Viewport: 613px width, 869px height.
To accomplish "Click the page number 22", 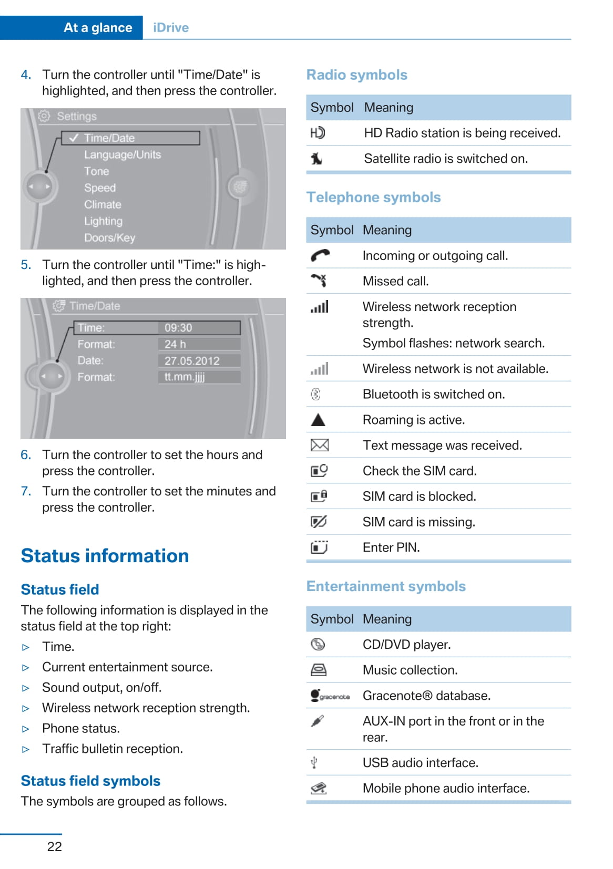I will pyautogui.click(x=55, y=846).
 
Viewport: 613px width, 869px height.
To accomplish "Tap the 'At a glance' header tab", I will pyautogui.click(x=98, y=28).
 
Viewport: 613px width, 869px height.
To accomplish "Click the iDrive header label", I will pyautogui.click(x=171, y=28).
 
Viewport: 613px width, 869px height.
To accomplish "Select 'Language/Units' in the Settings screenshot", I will pyautogui.click(x=122, y=155).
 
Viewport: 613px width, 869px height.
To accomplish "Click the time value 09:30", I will pyautogui.click(x=178, y=328).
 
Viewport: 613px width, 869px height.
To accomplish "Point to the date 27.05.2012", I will pyautogui.click(x=192, y=361).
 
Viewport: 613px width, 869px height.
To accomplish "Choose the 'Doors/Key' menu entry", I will pyautogui.click(x=109, y=238).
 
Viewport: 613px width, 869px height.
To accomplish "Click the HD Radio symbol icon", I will pyautogui.click(x=318, y=133).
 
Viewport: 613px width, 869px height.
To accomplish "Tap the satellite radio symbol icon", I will pyautogui.click(x=316, y=159).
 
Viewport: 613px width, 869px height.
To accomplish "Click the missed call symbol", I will pyautogui.click(x=319, y=281).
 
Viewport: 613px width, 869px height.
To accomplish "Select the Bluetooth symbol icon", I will pyautogui.click(x=315, y=394).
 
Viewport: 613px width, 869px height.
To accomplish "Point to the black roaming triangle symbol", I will pyautogui.click(x=318, y=420).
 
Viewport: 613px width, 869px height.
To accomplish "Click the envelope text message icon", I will pyautogui.click(x=319, y=446).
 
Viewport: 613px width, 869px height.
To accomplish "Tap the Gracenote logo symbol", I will pyautogui.click(x=330, y=696).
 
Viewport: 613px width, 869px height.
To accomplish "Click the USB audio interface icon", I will pyautogui.click(x=314, y=762).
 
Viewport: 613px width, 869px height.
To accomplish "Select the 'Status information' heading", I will pyautogui.click(x=105, y=556).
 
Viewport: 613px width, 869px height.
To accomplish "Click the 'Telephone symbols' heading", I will pyautogui.click(x=373, y=198).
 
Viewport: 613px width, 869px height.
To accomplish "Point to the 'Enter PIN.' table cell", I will pyautogui.click(x=391, y=547).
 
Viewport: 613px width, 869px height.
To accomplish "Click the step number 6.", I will pyautogui.click(x=26, y=455).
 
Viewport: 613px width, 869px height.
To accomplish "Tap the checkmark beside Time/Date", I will pyautogui.click(x=74, y=138).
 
